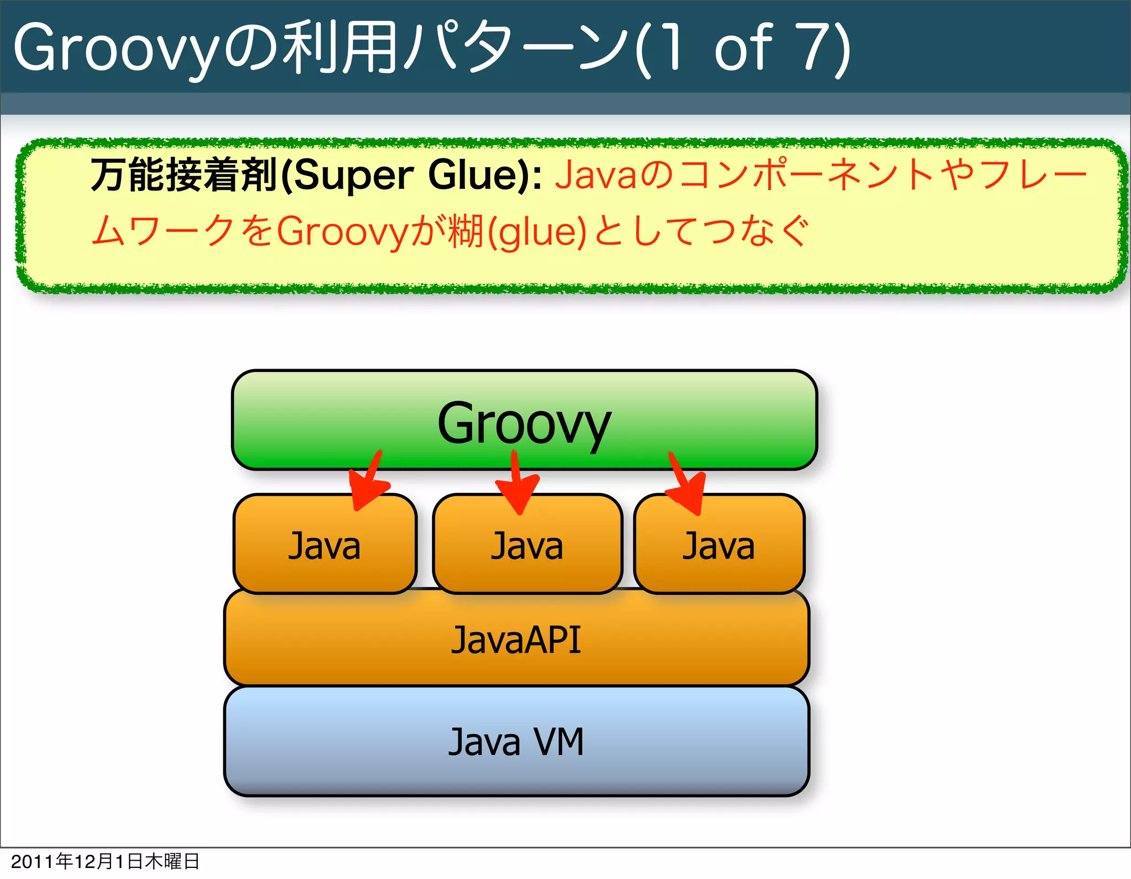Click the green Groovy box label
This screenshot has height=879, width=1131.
[524, 424]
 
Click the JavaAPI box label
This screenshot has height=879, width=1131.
[516, 640]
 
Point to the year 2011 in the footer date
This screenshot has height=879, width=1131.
[33, 862]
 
